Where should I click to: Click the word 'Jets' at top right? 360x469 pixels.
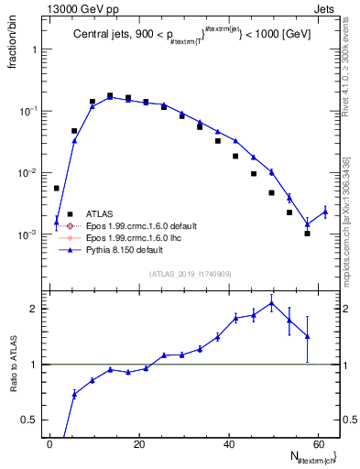(327, 8)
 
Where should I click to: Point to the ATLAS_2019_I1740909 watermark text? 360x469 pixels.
(191, 274)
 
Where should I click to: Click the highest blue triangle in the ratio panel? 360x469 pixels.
(271, 303)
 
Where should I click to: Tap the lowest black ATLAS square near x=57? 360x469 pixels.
(307, 234)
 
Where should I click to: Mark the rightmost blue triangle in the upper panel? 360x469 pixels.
(325, 212)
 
